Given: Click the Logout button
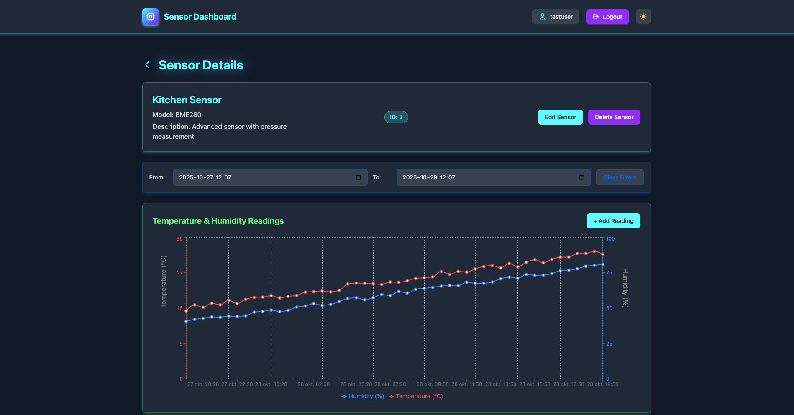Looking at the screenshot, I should pyautogui.click(x=607, y=17).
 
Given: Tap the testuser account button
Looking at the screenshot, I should pyautogui.click(x=555, y=17).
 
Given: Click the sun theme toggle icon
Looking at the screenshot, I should pyautogui.click(x=643, y=17).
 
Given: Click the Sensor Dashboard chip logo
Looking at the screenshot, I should pyautogui.click(x=151, y=17).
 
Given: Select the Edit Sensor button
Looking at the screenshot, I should pyautogui.click(x=560, y=117).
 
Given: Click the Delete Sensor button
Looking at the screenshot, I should pyautogui.click(x=614, y=117).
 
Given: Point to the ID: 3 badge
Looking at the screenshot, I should pyautogui.click(x=396, y=117).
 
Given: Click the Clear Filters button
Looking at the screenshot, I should pyautogui.click(x=620, y=177).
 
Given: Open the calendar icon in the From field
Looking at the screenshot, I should pyautogui.click(x=359, y=177).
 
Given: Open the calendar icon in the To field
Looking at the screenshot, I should pyautogui.click(x=582, y=177).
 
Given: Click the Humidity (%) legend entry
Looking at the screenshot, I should pyautogui.click(x=363, y=396).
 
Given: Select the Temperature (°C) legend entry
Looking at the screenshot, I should pyautogui.click(x=416, y=396).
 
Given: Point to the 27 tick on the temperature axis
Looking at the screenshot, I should pyautogui.click(x=180, y=273).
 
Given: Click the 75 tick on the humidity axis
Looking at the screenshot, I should pyautogui.click(x=609, y=273).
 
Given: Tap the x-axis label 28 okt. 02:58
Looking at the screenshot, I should pyautogui.click(x=313, y=384).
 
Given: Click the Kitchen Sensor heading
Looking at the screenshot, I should pyautogui.click(x=187, y=100).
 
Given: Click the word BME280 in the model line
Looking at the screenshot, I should pyautogui.click(x=188, y=115).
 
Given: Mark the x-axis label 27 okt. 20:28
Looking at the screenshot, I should pyautogui.click(x=203, y=384).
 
